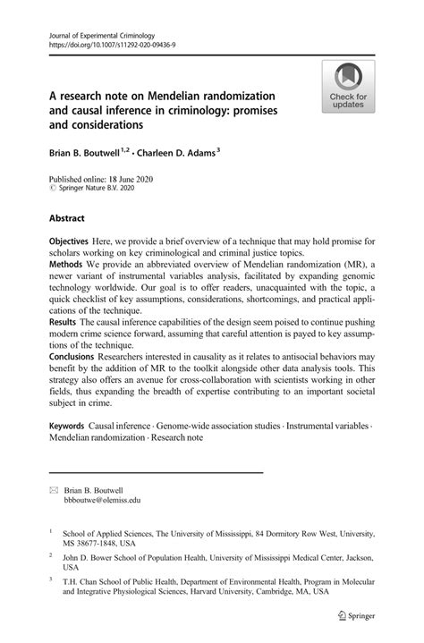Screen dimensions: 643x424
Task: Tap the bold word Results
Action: click(66, 320)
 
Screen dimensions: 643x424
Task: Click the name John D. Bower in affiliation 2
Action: click(92, 554)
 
